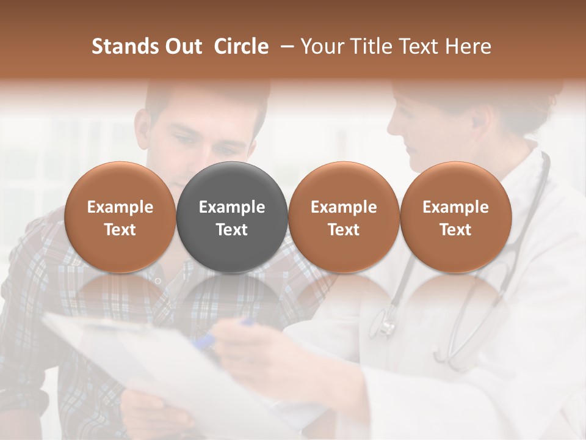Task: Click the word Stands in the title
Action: (125, 46)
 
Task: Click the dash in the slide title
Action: (284, 46)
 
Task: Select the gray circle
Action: (232, 217)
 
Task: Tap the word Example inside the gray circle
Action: (232, 207)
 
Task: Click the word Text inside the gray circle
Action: (232, 230)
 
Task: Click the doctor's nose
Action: (392, 125)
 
